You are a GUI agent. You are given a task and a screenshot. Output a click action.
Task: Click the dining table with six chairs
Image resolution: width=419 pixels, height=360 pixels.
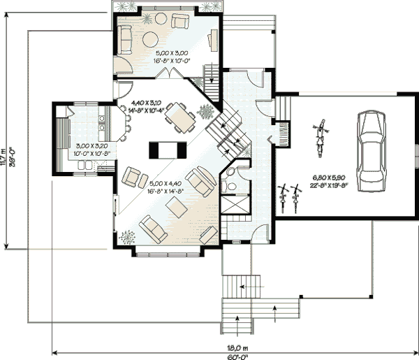click(181, 117)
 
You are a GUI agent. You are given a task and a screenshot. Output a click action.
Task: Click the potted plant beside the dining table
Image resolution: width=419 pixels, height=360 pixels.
click(207, 111)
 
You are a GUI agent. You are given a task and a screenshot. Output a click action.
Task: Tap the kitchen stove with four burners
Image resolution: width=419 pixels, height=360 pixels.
click(102, 123)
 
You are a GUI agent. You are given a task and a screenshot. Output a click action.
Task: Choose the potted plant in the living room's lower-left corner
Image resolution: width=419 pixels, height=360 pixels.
click(127, 238)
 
